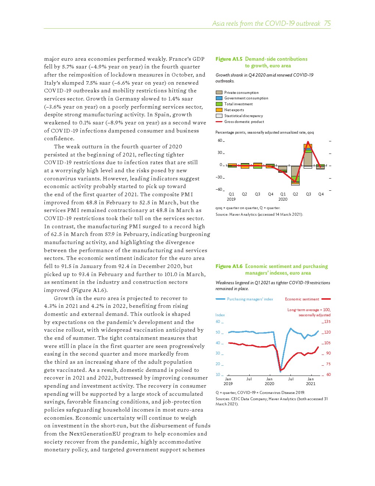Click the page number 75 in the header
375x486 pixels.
click(327, 24)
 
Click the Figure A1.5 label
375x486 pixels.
click(229, 59)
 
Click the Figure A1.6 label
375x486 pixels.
click(229, 266)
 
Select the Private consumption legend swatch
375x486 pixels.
click(219, 93)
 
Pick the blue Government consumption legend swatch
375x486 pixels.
click(219, 98)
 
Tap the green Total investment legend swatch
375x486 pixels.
click(219, 104)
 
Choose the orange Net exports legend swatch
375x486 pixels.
click(219, 110)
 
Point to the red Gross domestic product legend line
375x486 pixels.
click(219, 122)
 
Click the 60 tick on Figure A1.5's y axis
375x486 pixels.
click(220, 141)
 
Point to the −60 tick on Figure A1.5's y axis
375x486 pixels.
click(219, 190)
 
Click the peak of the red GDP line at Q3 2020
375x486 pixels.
click(308, 142)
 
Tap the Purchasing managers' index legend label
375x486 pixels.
click(250, 299)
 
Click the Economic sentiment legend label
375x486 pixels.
click(302, 299)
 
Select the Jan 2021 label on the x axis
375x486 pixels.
click(311, 381)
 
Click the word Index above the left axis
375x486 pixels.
click(220, 315)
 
